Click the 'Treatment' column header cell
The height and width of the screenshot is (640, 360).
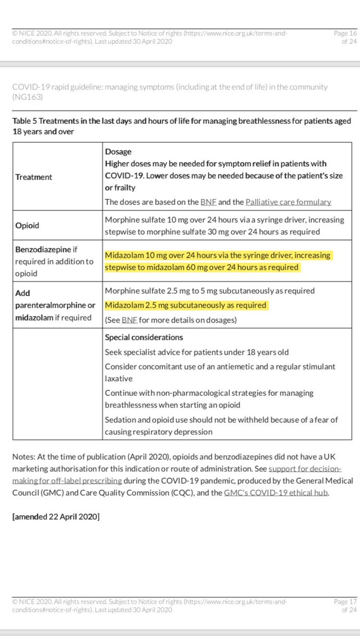point(33,177)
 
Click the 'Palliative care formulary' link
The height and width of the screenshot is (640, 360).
point(289,202)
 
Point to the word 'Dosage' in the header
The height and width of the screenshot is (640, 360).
point(117,151)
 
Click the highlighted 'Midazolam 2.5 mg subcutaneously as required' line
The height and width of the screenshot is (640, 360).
point(186,305)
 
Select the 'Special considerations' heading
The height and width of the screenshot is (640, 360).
point(144,338)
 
